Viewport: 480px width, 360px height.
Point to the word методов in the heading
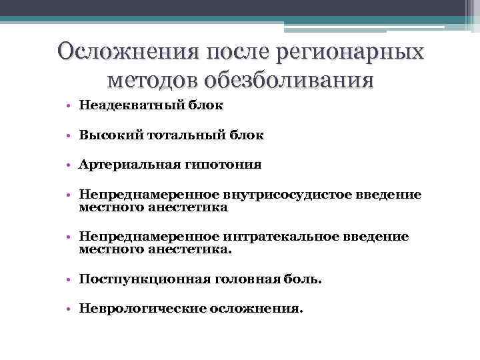pyautogui.click(x=152, y=81)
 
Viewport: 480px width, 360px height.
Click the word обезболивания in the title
pyautogui.click(x=288, y=81)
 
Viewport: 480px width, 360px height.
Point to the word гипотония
pyautogui.click(x=224, y=165)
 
